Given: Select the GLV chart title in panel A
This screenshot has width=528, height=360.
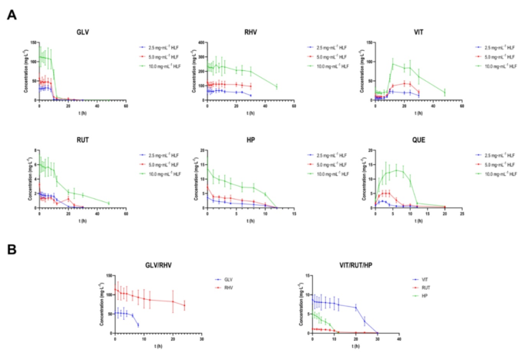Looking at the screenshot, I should point(82,32).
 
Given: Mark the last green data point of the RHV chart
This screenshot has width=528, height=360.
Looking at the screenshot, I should point(276,86).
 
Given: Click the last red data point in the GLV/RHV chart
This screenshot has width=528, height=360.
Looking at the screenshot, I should point(184,305).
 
